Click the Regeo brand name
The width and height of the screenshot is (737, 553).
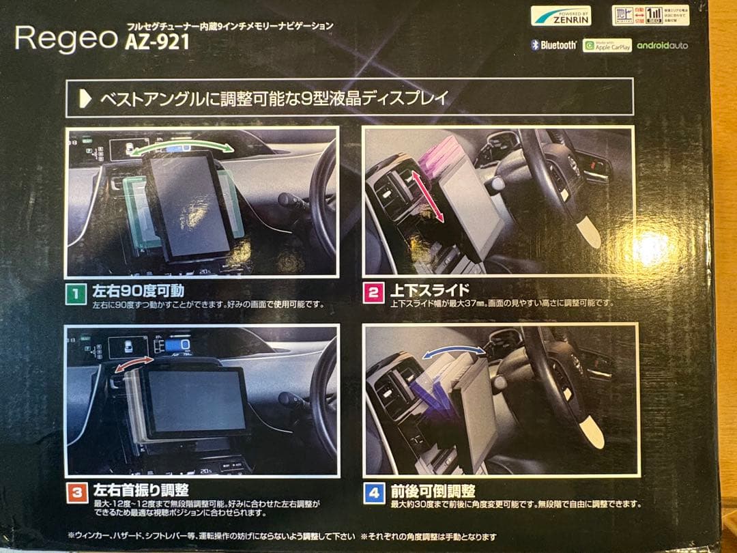(x=66, y=38)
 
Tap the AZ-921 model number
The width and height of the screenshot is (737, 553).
(x=157, y=42)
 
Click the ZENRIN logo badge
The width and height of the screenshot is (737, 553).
(x=560, y=16)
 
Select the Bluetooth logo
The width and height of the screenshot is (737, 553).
(x=554, y=45)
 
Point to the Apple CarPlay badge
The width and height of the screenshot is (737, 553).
(x=607, y=46)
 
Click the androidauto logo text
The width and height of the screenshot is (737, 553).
(x=662, y=46)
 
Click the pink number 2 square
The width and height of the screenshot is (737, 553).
(x=373, y=294)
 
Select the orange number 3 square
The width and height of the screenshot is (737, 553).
(x=76, y=492)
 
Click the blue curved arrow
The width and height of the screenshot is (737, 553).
(x=453, y=350)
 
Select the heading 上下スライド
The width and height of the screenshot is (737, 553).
(x=430, y=291)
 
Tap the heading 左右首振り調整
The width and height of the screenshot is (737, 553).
(x=140, y=490)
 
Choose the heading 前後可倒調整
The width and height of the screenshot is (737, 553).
(x=433, y=491)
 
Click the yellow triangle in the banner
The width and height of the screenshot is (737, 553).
(x=85, y=98)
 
